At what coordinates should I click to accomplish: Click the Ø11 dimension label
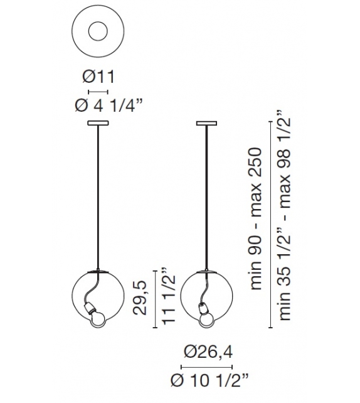pyautogui.click(x=98, y=77)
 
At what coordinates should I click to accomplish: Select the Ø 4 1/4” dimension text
pyautogui.click(x=109, y=105)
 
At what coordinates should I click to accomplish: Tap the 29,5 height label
pyautogui.click(x=140, y=298)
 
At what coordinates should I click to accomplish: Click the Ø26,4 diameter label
pyautogui.click(x=208, y=352)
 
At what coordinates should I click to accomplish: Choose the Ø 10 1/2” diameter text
pyautogui.click(x=209, y=380)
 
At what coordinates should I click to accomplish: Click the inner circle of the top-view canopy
pyautogui.click(x=98, y=31)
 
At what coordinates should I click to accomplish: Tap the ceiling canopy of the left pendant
pyautogui.click(x=98, y=124)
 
